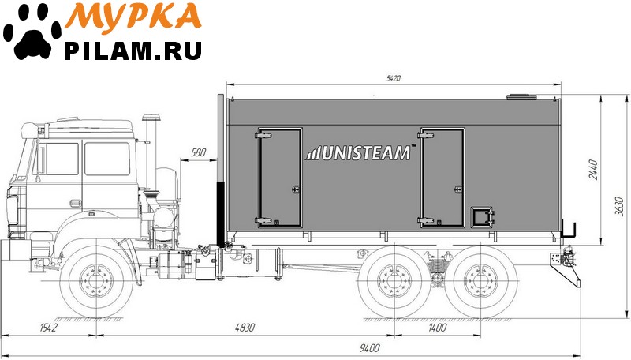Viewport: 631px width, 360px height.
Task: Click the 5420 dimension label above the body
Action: click(393, 78)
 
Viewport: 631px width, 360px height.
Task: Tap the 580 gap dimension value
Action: click(198, 152)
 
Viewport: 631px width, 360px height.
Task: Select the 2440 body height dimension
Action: click(593, 170)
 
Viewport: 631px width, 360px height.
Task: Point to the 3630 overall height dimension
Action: click(620, 206)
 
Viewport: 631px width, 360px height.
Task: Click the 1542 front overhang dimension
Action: click(49, 328)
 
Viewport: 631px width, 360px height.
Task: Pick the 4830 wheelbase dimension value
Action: click(245, 328)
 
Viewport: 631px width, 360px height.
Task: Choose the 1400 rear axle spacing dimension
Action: click(437, 328)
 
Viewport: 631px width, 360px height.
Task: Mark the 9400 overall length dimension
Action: click(369, 347)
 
